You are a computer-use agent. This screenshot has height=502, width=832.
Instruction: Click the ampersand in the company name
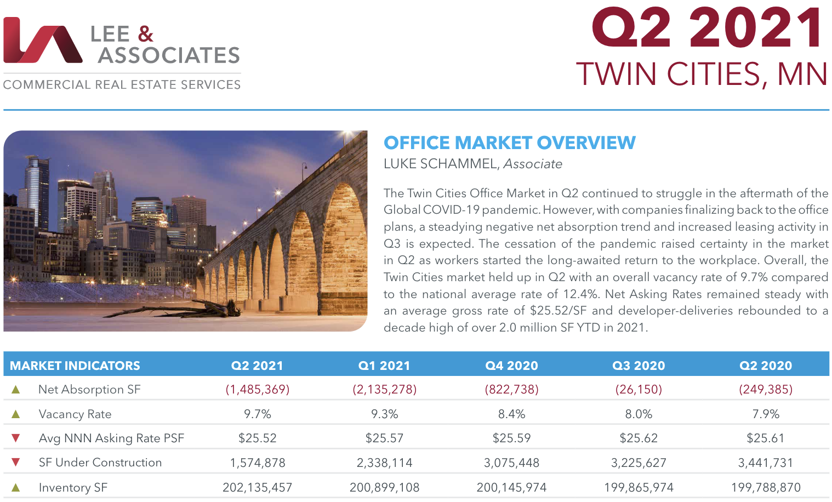pos(145,34)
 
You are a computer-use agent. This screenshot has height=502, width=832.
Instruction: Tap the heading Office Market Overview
pos(509,143)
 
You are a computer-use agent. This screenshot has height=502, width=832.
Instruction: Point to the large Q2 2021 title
pos(708,28)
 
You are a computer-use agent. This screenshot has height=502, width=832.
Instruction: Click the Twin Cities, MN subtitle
pos(702,74)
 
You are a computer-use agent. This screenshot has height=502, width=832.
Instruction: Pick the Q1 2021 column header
pos(384,366)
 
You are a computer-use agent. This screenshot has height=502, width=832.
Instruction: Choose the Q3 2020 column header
pos(639,366)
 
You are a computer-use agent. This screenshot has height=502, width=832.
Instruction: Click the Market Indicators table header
pos(75,366)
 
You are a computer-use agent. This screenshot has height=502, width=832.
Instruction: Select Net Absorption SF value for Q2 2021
pos(258,390)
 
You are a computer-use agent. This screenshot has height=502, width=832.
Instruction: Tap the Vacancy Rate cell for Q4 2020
pos(511,414)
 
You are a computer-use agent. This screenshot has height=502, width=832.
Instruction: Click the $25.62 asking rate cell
pos(639,438)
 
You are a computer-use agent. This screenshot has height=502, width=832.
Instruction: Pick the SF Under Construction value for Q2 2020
pos(766,463)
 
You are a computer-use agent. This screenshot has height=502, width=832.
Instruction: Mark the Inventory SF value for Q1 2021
pos(384,488)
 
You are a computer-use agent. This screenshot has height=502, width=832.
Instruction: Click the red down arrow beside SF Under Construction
pos(16,463)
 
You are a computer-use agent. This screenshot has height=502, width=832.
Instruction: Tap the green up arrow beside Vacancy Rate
pos(16,414)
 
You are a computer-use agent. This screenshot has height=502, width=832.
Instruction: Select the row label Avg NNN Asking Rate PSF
pos(111,438)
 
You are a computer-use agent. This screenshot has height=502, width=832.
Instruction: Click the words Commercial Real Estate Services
pos(122,85)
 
